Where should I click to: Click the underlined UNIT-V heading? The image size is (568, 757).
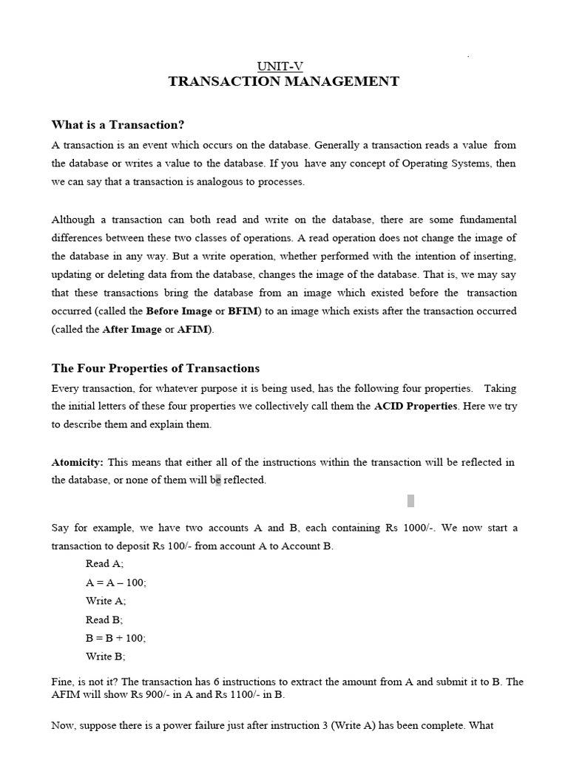click(x=284, y=67)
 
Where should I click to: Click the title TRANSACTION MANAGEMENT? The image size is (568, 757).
click(x=284, y=82)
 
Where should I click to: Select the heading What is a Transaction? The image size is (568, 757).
click(x=118, y=125)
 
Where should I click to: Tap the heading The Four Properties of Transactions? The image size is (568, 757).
click(x=155, y=368)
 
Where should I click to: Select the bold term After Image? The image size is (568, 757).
click(x=132, y=330)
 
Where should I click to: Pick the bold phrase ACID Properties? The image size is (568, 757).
click(x=416, y=407)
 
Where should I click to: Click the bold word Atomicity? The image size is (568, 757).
click(x=78, y=463)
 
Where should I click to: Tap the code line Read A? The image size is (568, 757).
click(x=105, y=563)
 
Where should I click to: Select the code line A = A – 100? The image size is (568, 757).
click(x=116, y=583)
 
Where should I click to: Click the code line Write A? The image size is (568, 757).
click(x=106, y=601)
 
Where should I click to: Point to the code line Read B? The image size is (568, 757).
click(x=104, y=619)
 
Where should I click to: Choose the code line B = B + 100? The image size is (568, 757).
click(x=116, y=638)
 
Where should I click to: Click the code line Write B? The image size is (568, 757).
click(x=106, y=656)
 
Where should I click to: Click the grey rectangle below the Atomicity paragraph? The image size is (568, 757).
click(x=410, y=501)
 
